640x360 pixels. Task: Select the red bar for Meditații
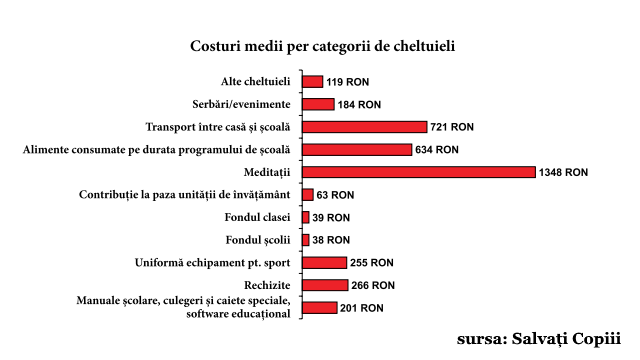tap(418, 172)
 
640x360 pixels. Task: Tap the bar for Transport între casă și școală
tap(365, 127)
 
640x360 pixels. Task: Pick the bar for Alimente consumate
tap(357, 149)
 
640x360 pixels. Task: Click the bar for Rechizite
tap(325, 285)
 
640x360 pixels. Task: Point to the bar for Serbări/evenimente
tap(318, 104)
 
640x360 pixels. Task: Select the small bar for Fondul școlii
tap(306, 240)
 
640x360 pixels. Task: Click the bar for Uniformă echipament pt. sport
tap(324, 263)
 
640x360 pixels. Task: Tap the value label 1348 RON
tap(563, 172)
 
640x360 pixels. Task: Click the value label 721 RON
tap(452, 127)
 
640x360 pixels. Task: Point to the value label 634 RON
tap(437, 150)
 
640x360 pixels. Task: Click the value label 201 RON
tap(362, 308)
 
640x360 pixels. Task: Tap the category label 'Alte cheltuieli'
tap(255, 82)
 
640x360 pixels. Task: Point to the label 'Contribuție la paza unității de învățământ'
tap(185, 195)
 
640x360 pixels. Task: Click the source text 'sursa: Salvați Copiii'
tap(539, 338)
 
